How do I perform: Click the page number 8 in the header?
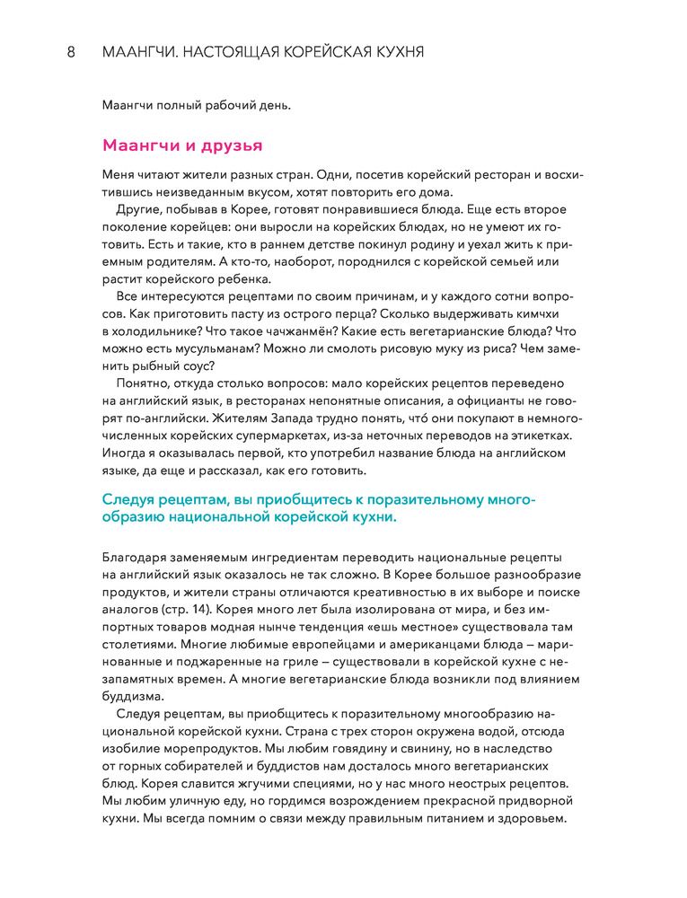pyautogui.click(x=72, y=52)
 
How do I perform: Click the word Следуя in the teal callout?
pyautogui.click(x=133, y=499)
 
